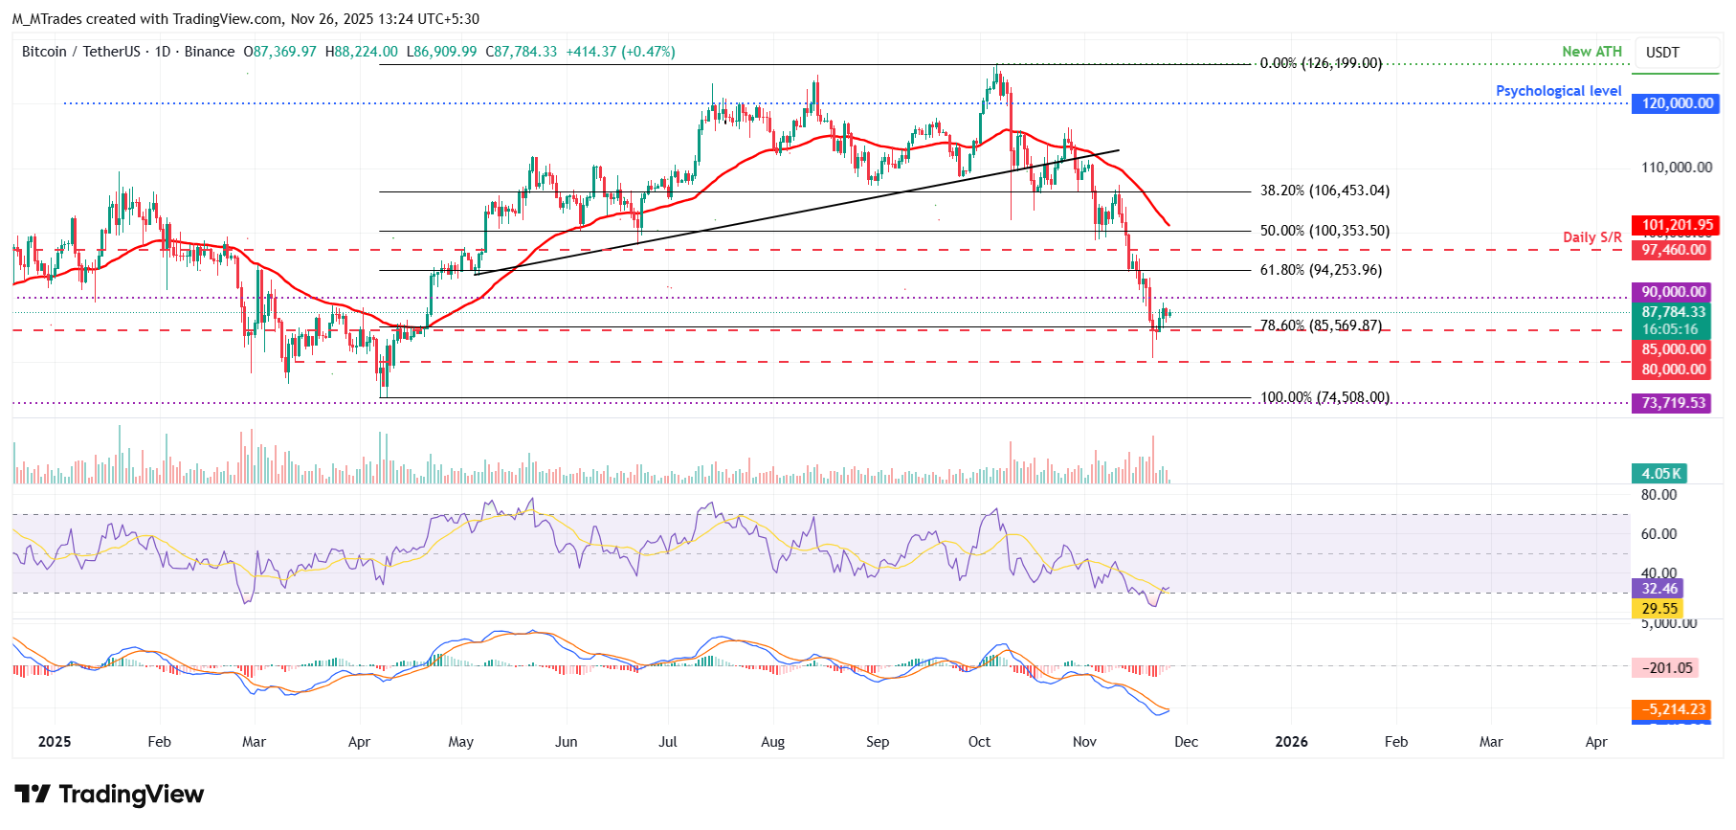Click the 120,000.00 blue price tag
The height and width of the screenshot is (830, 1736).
(1677, 103)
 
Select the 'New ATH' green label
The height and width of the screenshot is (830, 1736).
(1591, 52)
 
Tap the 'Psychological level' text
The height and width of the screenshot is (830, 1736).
(1558, 91)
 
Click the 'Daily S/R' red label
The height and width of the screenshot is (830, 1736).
(1591, 237)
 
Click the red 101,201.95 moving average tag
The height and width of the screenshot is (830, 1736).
(1677, 226)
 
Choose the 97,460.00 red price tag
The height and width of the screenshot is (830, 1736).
(1673, 250)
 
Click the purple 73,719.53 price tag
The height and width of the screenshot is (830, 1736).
(1673, 403)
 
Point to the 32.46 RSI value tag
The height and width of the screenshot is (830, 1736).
(1658, 589)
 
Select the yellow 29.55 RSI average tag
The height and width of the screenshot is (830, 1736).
(1658, 609)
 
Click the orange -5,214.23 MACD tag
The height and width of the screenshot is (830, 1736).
(1673, 709)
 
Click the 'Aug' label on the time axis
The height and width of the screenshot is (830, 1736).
(772, 742)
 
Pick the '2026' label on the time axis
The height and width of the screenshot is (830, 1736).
(1291, 742)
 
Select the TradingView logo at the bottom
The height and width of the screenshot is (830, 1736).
(109, 795)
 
